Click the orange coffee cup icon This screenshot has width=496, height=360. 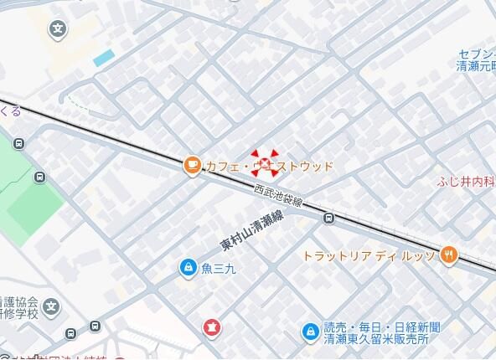pos(192,165)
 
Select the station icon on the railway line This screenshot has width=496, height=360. pos(329,219)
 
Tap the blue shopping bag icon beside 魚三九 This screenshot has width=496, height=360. pos(188,268)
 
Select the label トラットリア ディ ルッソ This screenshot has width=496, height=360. pos(369,255)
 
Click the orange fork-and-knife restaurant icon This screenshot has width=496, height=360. pos(449,255)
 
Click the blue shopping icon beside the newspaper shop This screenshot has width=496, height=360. pos(310,332)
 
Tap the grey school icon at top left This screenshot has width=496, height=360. pos(57,30)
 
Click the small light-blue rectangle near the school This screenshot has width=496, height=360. pos(104,59)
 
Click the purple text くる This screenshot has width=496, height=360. pos(10,111)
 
